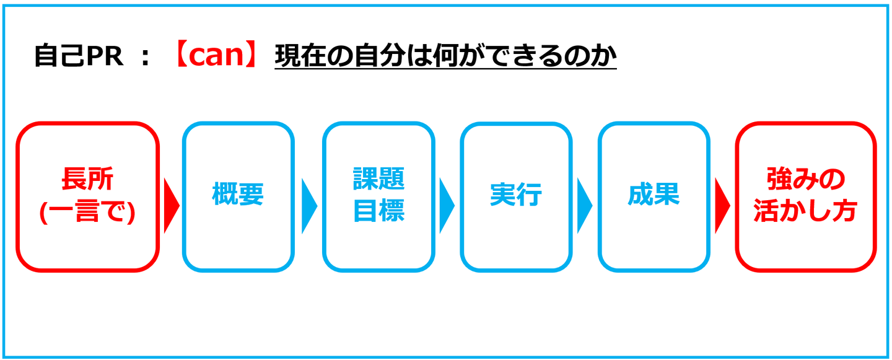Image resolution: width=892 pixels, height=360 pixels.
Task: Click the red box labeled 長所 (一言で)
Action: pos(87,196)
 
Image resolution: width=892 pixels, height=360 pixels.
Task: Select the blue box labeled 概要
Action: pos(238,196)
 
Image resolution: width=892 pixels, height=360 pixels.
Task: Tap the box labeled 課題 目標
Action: pos(378,196)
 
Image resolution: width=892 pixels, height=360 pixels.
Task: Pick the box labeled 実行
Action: pos(515,196)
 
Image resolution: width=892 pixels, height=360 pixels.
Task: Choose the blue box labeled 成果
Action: pos(653,196)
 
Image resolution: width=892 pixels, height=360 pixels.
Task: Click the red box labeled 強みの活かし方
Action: pos(805,196)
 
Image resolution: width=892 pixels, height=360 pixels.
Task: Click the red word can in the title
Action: pos(214,57)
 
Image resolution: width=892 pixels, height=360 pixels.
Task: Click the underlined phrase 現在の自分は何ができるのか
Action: pos(445,57)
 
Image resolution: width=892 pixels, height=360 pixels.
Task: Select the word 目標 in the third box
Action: pos(378,211)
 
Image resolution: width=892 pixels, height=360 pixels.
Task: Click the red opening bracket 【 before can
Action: pos(178,57)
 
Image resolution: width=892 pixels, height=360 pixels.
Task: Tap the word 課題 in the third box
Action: pos(378,180)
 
